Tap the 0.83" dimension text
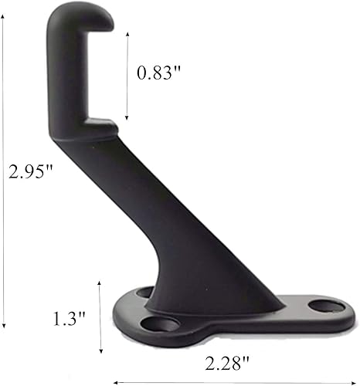158,74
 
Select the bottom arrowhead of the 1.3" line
100,353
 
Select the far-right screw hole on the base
326,307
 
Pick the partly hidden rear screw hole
144,292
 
